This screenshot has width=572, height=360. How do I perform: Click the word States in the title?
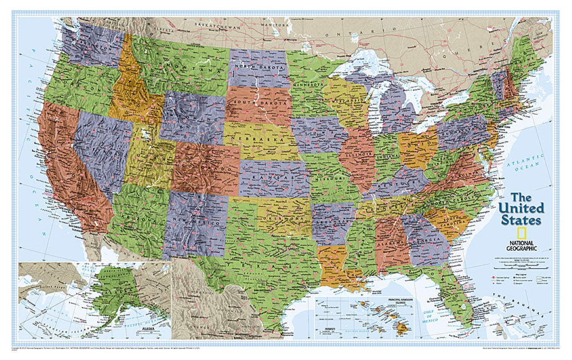pos(521,220)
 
